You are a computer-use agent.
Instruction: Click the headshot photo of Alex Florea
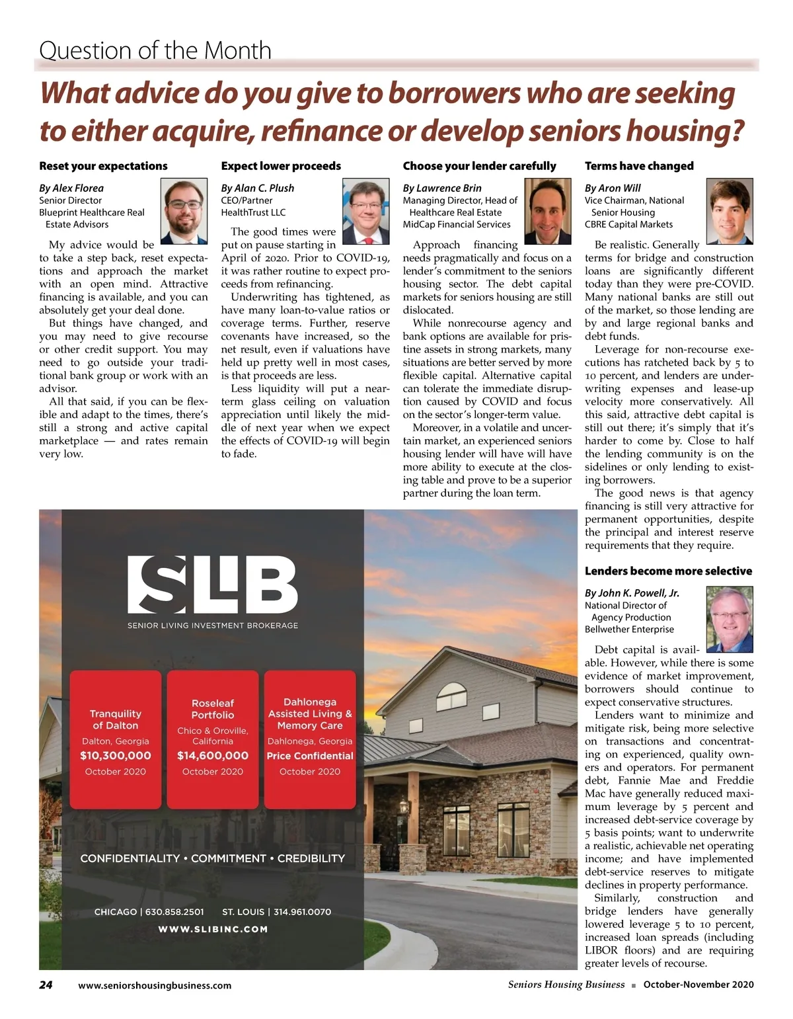pyautogui.click(x=184, y=212)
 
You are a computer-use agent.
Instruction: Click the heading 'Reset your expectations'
pyautogui.click(x=103, y=166)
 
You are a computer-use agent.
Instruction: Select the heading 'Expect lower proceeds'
pyautogui.click(x=281, y=166)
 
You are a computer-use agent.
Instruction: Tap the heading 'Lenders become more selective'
pyautogui.click(x=668, y=571)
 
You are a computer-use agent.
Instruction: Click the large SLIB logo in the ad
pyautogui.click(x=212, y=585)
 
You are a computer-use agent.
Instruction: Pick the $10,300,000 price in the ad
pyautogui.click(x=116, y=756)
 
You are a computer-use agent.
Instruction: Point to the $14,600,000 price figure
pyautogui.click(x=213, y=756)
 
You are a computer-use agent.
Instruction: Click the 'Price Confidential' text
pyautogui.click(x=310, y=756)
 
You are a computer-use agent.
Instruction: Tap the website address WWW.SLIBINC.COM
pyautogui.click(x=213, y=929)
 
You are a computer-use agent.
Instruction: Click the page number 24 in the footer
pyautogui.click(x=46, y=985)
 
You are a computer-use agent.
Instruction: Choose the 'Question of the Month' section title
pyautogui.click(x=155, y=50)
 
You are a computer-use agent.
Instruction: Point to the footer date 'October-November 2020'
pyautogui.click(x=699, y=985)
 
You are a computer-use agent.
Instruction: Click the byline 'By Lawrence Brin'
pyautogui.click(x=442, y=188)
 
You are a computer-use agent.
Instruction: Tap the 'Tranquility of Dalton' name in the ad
pyautogui.click(x=116, y=719)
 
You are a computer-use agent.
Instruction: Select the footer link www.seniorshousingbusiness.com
pyautogui.click(x=155, y=985)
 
